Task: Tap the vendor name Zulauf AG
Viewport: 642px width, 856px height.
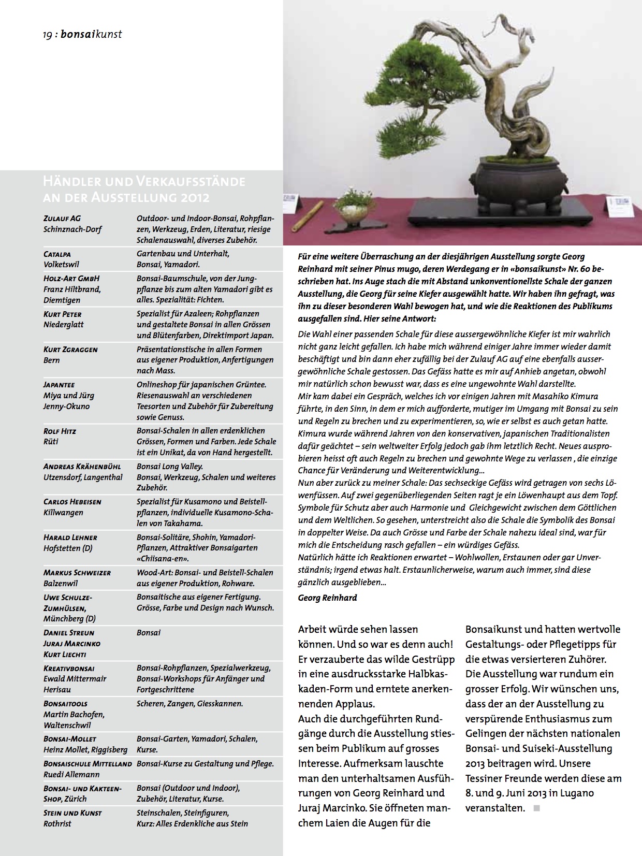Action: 62,219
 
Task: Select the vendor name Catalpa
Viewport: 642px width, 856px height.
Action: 57,254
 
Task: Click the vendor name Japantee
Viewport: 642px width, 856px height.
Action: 59,385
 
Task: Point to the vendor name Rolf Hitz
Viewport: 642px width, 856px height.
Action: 60,431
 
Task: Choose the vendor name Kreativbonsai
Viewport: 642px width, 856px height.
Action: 69,669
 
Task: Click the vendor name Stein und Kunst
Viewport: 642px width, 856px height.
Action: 72,813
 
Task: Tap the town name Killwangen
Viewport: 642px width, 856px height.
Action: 63,513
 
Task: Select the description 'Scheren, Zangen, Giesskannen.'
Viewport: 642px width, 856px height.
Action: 189,704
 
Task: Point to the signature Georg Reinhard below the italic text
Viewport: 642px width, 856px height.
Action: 327,598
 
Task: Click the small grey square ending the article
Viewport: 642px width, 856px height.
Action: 537,808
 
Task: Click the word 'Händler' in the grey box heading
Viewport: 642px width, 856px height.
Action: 70,182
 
